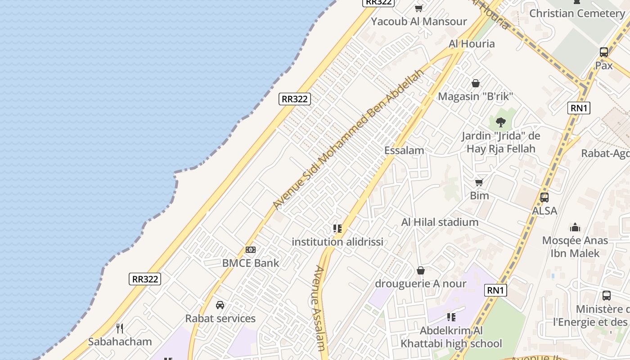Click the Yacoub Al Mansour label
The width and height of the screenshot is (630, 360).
click(419, 21)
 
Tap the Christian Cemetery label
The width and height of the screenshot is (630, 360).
click(577, 13)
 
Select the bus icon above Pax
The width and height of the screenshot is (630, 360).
click(604, 52)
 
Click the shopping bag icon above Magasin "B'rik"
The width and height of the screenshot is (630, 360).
click(475, 83)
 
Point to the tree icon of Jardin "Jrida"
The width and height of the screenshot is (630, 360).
click(500, 122)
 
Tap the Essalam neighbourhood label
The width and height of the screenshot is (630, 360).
click(404, 150)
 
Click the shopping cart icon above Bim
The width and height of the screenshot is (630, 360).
click(479, 182)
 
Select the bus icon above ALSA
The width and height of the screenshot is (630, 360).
click(544, 197)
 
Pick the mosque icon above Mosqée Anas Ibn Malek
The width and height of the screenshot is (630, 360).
click(575, 227)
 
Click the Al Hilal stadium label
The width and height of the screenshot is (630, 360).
click(440, 222)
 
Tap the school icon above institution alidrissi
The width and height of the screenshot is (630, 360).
click(337, 229)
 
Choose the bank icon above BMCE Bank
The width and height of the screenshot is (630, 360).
click(251, 250)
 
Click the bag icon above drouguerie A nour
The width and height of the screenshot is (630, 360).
click(421, 270)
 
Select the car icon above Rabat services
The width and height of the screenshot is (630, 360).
click(220, 305)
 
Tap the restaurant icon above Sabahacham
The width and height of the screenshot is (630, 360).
click(120, 328)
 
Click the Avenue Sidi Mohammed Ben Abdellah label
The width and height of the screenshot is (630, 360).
click(349, 139)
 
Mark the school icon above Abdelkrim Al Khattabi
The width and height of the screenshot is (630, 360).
click(451, 317)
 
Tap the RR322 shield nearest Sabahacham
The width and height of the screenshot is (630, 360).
click(145, 279)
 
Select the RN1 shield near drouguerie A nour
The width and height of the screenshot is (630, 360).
click(495, 290)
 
